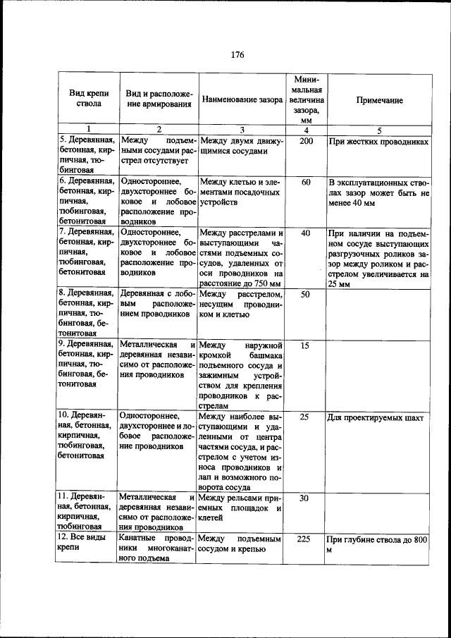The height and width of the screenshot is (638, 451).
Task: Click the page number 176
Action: [237, 55]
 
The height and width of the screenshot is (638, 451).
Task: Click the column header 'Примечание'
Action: [379, 101]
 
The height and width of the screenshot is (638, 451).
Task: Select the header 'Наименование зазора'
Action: [242, 101]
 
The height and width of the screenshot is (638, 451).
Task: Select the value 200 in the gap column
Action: [306, 142]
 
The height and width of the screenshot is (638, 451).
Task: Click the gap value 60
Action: [306, 183]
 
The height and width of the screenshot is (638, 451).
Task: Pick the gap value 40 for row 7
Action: [306, 233]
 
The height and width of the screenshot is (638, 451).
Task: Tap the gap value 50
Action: [306, 294]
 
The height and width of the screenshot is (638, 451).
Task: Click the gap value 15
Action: [305, 345]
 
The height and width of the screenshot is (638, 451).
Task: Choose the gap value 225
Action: [305, 539]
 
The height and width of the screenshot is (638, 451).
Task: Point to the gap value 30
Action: [305, 498]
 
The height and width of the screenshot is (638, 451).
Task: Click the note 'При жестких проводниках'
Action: [378, 142]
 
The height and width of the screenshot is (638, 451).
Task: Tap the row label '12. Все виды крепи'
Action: [82, 544]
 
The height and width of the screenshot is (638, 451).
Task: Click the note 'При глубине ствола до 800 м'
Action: [378, 544]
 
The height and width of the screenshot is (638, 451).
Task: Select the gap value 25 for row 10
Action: [305, 417]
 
